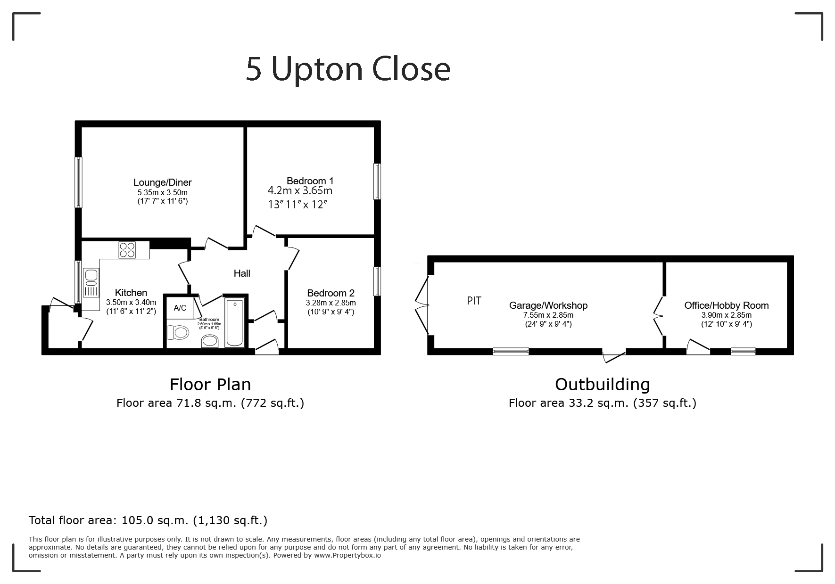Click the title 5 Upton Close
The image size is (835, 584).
click(x=348, y=69)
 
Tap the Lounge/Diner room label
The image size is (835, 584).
click(x=163, y=182)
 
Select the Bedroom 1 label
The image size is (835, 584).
click(x=310, y=181)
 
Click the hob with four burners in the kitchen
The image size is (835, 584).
click(x=127, y=249)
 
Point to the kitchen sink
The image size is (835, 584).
click(x=91, y=283)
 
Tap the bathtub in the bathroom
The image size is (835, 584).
click(x=235, y=322)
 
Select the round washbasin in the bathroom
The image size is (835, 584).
click(x=210, y=341)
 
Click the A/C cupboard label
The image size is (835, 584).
click(x=180, y=308)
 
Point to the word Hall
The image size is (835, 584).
click(x=242, y=273)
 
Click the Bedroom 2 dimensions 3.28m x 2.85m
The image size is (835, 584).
click(x=331, y=303)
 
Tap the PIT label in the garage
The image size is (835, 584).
click(x=474, y=301)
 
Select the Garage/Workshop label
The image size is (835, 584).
click(x=548, y=305)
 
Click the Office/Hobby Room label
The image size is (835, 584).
click(x=727, y=305)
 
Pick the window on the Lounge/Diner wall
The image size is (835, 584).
click(x=79, y=182)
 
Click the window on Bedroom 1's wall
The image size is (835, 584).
click(x=377, y=181)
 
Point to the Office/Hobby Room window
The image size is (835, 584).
click(x=743, y=351)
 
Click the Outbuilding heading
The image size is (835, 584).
click(x=603, y=385)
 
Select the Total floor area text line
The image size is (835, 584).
click(x=148, y=520)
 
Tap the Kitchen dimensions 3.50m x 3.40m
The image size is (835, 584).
click(x=131, y=303)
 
